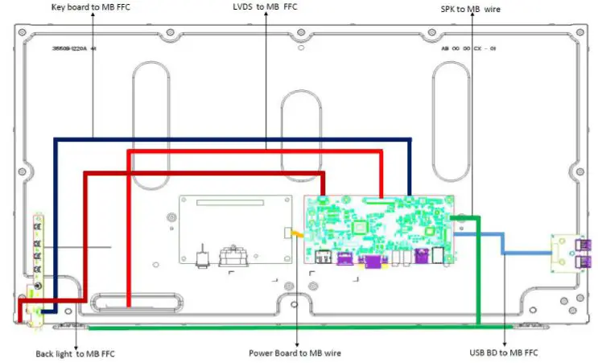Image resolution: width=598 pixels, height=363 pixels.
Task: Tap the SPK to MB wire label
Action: click(471, 8)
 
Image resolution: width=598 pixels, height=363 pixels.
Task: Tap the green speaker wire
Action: click(282, 328)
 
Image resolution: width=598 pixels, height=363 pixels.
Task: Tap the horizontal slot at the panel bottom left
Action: click(135, 303)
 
